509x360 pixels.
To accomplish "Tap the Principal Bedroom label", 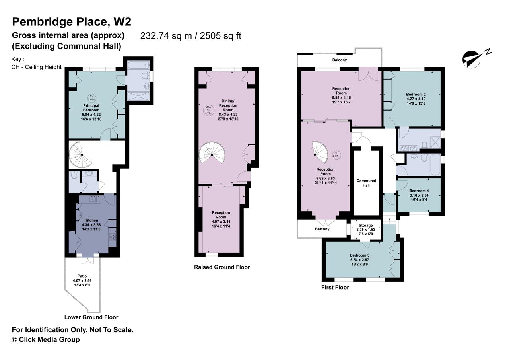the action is [x=91, y=108].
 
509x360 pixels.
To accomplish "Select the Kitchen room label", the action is [x=91, y=220].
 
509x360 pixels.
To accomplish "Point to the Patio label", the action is [x=82, y=276].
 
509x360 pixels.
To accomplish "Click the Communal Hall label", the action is [x=366, y=183].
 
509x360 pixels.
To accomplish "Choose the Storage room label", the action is [x=366, y=225].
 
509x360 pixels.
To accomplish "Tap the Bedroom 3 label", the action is [x=359, y=255].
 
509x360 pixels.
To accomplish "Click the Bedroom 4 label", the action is [x=419, y=191].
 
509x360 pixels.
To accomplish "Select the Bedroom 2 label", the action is [x=416, y=94].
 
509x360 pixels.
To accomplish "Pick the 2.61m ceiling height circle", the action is [x=91, y=98].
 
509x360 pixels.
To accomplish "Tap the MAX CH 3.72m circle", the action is [x=208, y=110].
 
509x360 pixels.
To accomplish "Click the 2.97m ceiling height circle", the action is [x=336, y=155].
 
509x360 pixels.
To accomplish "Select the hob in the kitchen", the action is [x=112, y=237].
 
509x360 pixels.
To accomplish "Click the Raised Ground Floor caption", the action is [x=222, y=267].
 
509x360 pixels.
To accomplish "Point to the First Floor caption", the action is [x=335, y=287].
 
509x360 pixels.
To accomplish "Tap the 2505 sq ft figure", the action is [x=220, y=36].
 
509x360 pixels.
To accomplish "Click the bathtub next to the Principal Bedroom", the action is [x=138, y=65].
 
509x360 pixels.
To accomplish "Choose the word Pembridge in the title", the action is [x=42, y=22].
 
